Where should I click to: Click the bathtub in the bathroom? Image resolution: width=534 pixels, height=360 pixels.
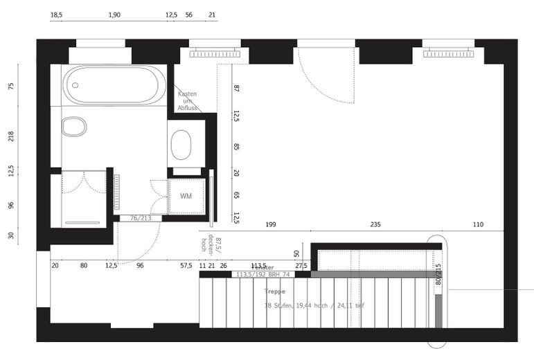pos(114,84)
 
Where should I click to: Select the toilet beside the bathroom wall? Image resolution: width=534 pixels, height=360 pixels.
pos(73,127)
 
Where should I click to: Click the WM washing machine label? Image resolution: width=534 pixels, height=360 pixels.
pos(186,197)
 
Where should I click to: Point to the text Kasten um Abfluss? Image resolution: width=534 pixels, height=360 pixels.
pos(187,101)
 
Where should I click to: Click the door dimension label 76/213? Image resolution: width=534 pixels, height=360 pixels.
pos(140,218)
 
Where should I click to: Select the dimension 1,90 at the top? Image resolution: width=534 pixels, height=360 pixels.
pos(115,15)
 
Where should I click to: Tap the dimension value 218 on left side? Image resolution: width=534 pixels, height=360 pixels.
pos(11,136)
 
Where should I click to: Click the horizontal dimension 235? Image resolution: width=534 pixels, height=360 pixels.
pos(375,225)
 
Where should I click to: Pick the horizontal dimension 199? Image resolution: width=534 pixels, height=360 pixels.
pos(271,225)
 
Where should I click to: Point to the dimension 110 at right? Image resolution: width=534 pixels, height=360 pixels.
pos(478,225)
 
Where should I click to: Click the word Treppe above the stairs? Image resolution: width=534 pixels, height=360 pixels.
pos(274,291)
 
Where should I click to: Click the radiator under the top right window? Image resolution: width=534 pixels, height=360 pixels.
pos(448,53)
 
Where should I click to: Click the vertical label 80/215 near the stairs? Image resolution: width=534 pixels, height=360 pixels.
pos(438,275)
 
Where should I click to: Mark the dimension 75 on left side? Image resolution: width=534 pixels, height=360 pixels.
pos(11,87)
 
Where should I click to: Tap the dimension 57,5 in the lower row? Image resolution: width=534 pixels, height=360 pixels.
pos(186,265)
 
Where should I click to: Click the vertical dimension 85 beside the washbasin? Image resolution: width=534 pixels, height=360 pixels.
pos(236,147)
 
